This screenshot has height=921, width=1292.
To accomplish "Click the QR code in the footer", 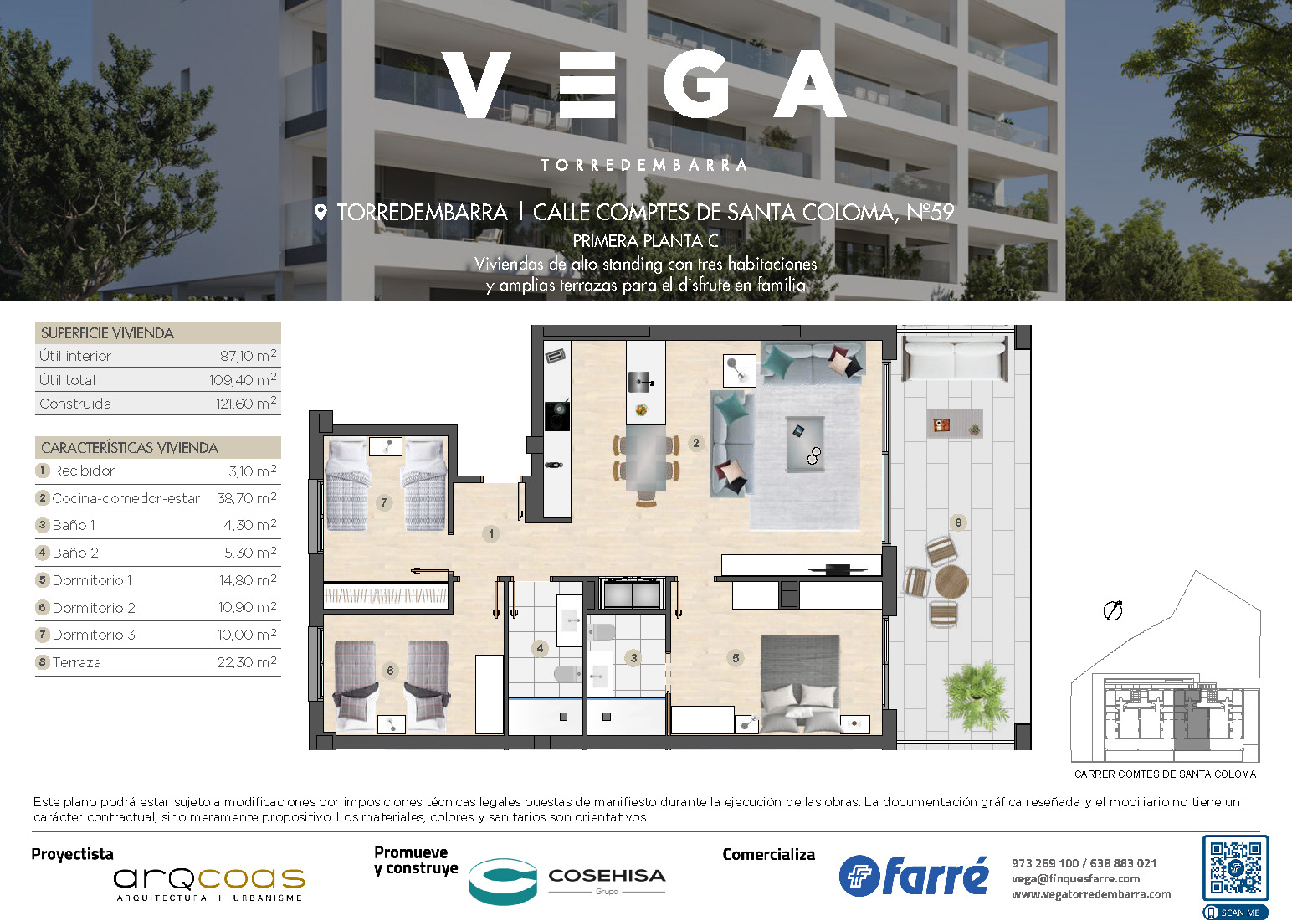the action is point(1235,867).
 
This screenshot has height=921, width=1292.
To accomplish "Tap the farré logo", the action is point(914,876).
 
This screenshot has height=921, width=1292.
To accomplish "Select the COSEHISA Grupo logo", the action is point(567,881).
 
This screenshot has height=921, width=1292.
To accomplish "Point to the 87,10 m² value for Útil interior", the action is point(248,355).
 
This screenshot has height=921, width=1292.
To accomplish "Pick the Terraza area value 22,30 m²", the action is point(246,662).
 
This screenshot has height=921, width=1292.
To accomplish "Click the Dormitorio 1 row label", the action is point(92,580).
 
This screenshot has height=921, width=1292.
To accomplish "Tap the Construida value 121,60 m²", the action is point(246,403).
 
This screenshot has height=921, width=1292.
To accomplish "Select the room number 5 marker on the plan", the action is point(736,658).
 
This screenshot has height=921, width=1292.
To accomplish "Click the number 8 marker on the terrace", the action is point(958,522).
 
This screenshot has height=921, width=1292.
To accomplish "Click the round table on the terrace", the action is point(951,581).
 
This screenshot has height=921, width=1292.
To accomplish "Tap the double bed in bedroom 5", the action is point(800,684).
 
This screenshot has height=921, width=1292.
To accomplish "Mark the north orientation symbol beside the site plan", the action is point(1113,610).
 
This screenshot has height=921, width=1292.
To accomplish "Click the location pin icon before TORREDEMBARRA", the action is point(320,213).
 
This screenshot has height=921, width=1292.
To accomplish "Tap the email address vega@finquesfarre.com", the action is point(1076,879).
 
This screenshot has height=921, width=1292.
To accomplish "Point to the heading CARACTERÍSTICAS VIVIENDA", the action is point(129,448).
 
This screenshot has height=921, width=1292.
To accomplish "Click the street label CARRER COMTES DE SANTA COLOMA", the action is point(1165,774).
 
